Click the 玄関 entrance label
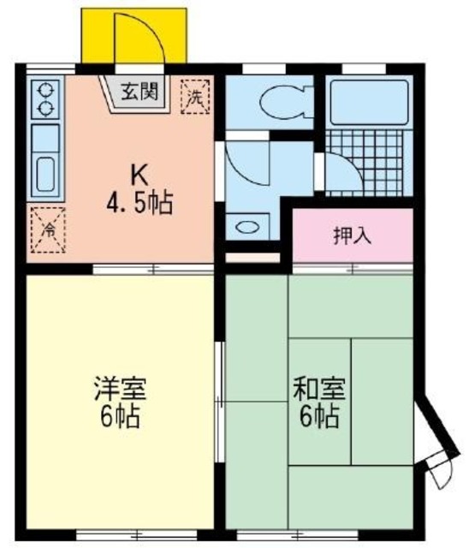tap(140, 92)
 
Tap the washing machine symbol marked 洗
tap(196, 97)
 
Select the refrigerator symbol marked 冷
tap(48, 230)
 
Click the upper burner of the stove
tap(45, 90)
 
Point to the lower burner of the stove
tap(45, 108)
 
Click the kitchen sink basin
tap(45, 174)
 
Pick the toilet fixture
tap(285, 102)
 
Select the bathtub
tap(369, 103)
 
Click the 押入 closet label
tap(352, 235)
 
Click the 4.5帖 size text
tap(140, 203)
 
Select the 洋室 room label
tap(120, 388)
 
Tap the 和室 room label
tap(319, 388)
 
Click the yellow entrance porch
tap(134, 36)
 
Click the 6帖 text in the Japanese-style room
tap(319, 416)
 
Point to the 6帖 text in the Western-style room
tap(120, 416)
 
